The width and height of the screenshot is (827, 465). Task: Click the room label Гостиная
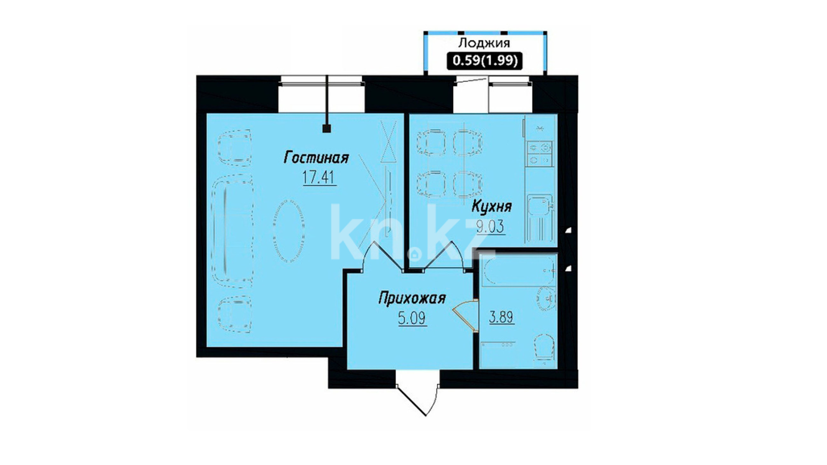316,158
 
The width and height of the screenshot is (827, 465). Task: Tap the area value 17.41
319,177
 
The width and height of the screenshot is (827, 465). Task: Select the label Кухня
491,206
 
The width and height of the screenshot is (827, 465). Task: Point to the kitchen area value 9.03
491,226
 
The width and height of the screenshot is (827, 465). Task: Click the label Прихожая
411,298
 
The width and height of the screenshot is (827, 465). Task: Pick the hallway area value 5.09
412,318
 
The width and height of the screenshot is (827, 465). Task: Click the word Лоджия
484,43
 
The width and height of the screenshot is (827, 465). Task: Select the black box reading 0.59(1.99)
485,60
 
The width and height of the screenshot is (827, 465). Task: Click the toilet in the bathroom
544,347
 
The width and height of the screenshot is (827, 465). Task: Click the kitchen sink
539,208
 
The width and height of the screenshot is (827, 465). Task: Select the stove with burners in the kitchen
539,154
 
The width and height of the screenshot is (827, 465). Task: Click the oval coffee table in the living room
289,230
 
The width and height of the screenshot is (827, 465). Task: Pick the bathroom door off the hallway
465,316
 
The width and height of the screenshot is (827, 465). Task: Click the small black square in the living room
326,128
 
